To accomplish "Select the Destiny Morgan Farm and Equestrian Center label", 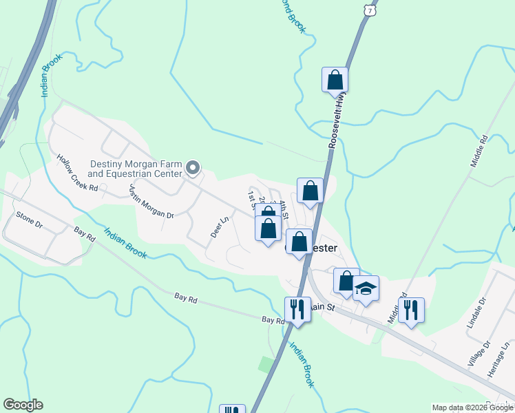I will pos(136,169).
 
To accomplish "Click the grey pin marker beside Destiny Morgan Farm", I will pos(193,167).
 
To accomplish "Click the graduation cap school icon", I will pos(366,289).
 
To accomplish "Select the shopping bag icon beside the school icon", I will pos(346,281).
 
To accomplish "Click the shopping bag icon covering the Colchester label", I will pos(299,242).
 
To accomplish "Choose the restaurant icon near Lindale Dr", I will pos(411,310).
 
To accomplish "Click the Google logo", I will pos(23,405).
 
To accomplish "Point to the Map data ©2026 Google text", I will pos(472,407).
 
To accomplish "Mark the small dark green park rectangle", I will pos(266,363).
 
